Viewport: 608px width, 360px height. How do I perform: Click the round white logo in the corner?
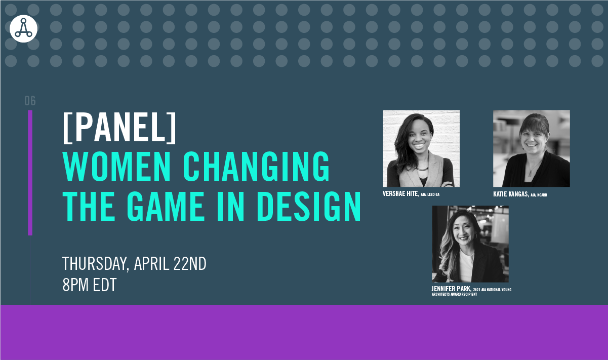point(23,28)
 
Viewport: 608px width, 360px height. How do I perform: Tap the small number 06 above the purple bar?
point(30,101)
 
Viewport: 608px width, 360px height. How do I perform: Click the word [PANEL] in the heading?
point(119,127)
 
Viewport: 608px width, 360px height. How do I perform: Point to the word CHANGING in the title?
point(256,166)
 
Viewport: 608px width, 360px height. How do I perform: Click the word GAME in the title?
point(166,206)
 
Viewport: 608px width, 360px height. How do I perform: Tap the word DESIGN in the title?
point(309,206)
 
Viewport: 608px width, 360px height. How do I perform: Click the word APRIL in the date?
point(151,263)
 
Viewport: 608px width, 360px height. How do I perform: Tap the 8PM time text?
point(75,285)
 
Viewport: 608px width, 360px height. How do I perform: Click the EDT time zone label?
point(105,285)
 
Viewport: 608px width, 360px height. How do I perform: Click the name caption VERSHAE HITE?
point(400,193)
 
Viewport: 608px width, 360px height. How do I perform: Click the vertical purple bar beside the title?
point(30,173)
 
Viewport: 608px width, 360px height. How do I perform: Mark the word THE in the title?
point(89,206)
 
